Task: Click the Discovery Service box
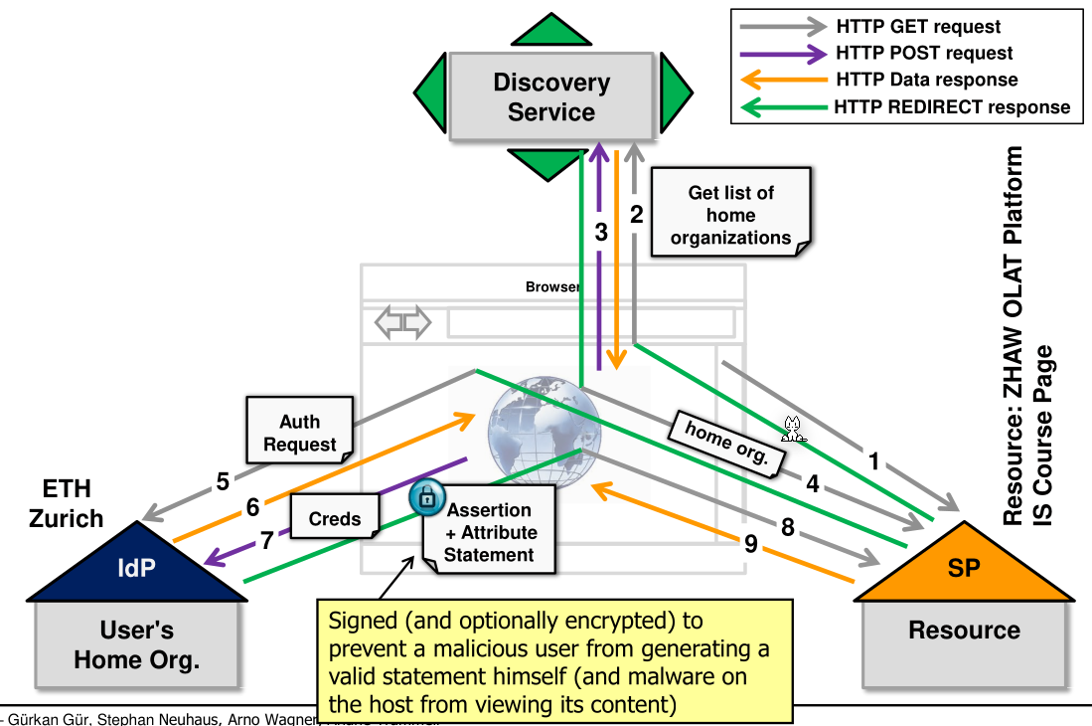point(550,96)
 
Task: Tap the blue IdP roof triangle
point(136,568)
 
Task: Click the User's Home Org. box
point(136,643)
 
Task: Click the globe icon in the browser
point(543,430)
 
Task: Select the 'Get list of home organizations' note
point(730,215)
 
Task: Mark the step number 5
point(223,482)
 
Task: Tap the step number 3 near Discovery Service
point(601,233)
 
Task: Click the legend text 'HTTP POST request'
point(924,54)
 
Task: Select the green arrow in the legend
point(779,107)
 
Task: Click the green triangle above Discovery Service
point(550,30)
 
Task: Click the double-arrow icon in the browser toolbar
point(402,322)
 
